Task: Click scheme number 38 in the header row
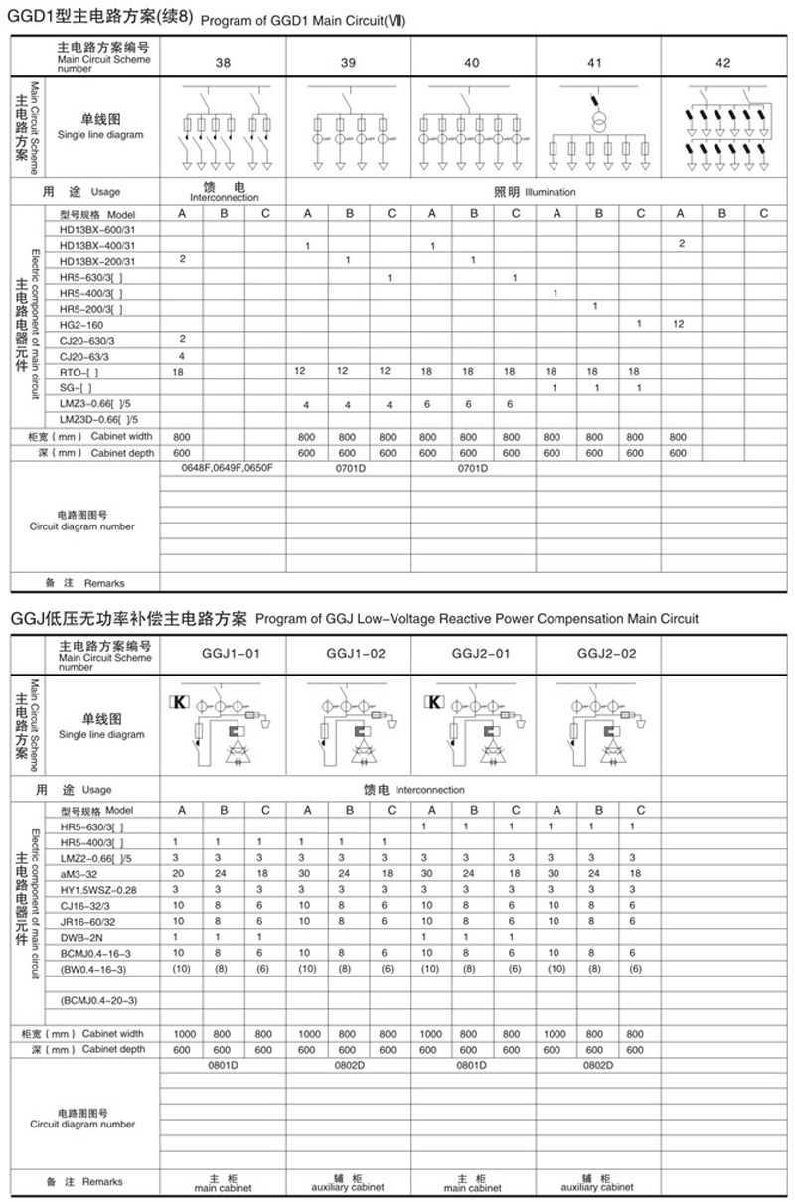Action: pos(224,63)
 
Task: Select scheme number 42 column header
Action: pos(722,63)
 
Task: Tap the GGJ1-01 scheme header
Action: pos(224,654)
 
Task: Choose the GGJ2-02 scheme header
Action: pos(598,654)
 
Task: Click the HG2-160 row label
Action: pos(81,325)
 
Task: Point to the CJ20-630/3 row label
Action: pos(86,340)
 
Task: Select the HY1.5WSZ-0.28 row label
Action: pos(98,889)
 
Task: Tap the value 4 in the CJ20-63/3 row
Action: pos(183,355)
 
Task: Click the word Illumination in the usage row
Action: pos(550,192)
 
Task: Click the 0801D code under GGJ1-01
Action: pos(224,1065)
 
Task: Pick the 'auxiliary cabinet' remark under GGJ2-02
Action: pos(598,1187)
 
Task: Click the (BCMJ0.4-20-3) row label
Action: pos(99,1000)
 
